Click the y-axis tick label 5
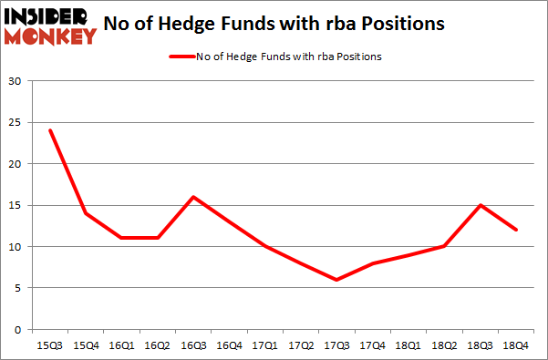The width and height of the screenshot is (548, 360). coord(16,288)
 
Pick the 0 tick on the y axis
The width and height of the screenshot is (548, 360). coord(16,329)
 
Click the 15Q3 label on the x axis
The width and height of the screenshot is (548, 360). coord(50,345)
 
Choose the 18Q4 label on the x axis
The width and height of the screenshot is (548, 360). coord(516,345)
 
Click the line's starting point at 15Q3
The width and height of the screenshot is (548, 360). coord(50,130)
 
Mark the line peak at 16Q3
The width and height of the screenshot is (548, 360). coord(193,197)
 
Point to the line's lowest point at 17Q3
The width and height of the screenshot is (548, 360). coord(336,280)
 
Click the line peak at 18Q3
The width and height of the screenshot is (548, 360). coord(481,205)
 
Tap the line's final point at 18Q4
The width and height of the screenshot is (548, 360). coord(516,230)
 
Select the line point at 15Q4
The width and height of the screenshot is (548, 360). coord(86,213)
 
